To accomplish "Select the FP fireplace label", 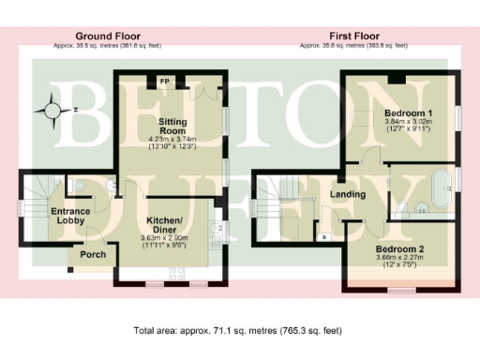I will click(x=165, y=82).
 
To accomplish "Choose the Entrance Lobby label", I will click(x=71, y=217).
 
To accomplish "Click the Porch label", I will click(x=93, y=255).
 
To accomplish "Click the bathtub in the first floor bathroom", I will click(x=440, y=187).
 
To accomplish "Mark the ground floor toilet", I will click(x=79, y=187).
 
